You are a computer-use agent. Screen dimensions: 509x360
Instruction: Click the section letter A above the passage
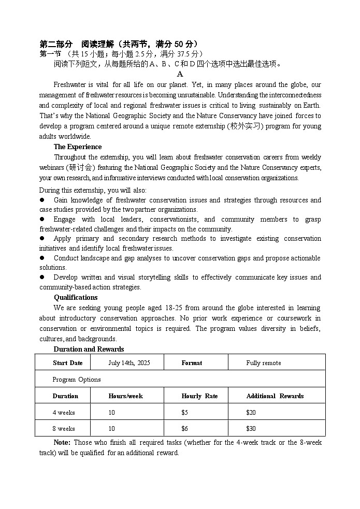click(x=180, y=74)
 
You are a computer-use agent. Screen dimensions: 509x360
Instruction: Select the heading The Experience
click(x=78, y=147)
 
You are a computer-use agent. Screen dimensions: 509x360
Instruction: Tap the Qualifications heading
click(x=76, y=298)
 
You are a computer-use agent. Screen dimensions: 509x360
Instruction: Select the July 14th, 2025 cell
click(x=129, y=363)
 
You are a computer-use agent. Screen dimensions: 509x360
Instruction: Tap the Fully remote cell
click(x=264, y=363)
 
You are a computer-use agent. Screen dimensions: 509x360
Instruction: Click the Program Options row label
click(x=77, y=380)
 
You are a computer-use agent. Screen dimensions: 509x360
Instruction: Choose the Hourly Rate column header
click(x=199, y=396)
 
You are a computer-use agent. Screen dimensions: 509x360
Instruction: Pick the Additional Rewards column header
click(x=275, y=396)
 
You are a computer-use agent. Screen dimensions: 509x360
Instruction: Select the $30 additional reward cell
click(x=251, y=429)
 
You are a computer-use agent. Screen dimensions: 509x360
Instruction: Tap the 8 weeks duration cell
click(x=64, y=429)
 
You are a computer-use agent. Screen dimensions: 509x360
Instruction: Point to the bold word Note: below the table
click(x=63, y=443)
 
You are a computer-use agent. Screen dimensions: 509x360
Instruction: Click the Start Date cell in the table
click(x=67, y=363)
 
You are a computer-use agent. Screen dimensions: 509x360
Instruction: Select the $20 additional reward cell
click(x=251, y=413)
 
